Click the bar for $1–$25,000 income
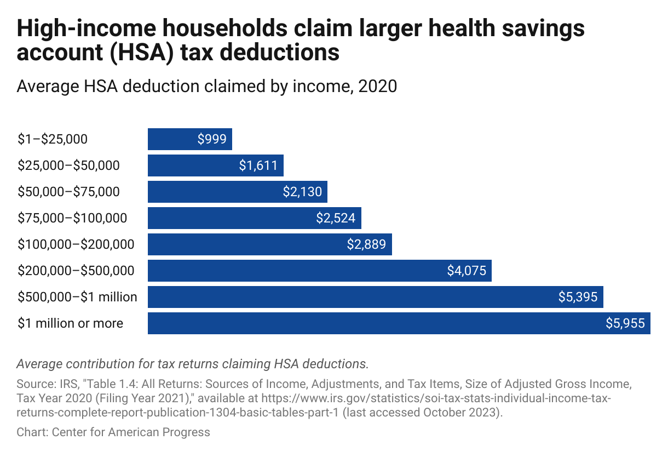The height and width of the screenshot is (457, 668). (189, 139)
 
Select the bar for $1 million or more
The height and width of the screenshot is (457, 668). (399, 323)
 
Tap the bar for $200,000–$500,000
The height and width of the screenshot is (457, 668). (319, 271)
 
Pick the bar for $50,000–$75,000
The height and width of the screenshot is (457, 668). (237, 192)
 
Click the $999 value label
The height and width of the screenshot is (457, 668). (212, 139)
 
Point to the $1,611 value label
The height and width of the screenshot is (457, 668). (258, 165)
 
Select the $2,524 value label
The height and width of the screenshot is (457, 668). (336, 218)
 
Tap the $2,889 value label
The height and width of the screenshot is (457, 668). (366, 244)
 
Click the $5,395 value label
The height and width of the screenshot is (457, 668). (578, 297)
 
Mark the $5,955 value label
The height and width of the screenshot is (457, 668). (625, 323)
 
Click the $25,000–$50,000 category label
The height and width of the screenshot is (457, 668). (68, 165)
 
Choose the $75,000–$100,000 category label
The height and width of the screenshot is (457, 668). (72, 218)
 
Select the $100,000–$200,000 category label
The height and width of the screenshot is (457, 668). (76, 244)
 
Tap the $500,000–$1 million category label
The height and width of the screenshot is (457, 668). (77, 297)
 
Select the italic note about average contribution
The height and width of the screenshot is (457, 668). (192, 363)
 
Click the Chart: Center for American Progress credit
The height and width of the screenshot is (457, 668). (113, 432)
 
